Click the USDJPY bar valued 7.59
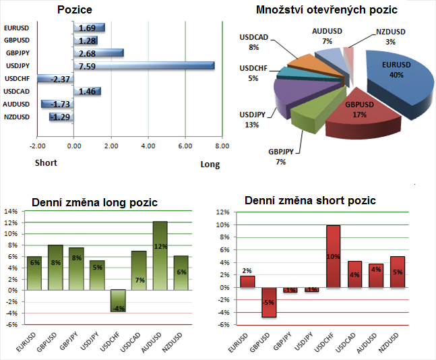[143, 65]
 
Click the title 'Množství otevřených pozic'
[326, 9]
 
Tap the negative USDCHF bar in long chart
[118, 301]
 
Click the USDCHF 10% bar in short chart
[333, 256]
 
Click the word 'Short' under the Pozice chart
[46, 162]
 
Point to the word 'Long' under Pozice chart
[210, 164]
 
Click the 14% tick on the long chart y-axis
[11, 211]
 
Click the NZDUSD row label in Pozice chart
[17, 117]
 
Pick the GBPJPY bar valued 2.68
[98, 53]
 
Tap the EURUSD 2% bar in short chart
[247, 281]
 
